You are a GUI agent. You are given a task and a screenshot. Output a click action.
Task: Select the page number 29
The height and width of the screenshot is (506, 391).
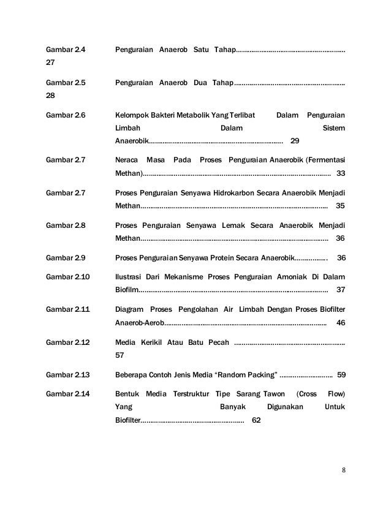[x=294, y=142]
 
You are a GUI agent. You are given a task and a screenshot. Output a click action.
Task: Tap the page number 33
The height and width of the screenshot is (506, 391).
[x=341, y=173]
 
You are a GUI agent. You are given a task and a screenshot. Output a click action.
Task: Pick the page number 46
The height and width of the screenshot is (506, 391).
[x=341, y=322]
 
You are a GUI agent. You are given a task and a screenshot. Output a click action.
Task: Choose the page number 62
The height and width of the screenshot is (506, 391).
[x=256, y=421]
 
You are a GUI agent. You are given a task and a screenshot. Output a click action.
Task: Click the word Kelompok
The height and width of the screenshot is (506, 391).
[x=132, y=114]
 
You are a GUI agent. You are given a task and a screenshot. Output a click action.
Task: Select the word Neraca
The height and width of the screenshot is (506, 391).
[x=126, y=159]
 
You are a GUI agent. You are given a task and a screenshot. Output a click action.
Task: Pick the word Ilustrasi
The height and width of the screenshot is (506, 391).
[x=129, y=276]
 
